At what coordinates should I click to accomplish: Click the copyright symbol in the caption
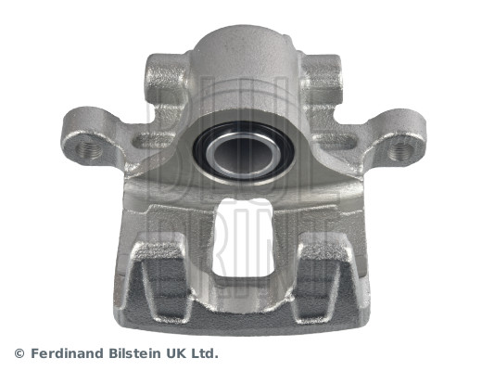[19, 353]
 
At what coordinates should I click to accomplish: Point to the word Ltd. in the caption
[205, 353]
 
